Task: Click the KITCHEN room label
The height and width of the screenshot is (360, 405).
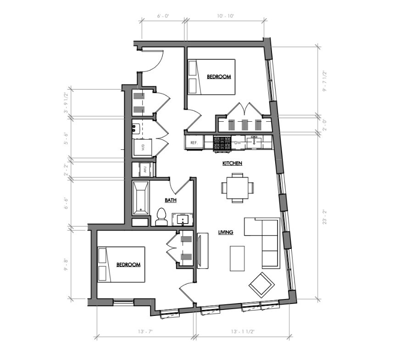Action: tap(232, 163)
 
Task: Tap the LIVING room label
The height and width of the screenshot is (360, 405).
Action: tap(226, 232)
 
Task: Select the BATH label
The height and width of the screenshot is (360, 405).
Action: tap(171, 200)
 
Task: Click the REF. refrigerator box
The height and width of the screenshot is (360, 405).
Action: tap(194, 143)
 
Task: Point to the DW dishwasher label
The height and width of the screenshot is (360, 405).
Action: tap(238, 143)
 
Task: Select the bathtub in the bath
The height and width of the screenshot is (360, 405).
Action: tap(141, 198)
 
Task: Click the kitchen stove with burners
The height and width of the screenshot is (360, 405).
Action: tap(223, 143)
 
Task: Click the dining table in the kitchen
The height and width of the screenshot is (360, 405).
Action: tap(237, 188)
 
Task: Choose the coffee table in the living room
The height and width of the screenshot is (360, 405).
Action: tap(237, 258)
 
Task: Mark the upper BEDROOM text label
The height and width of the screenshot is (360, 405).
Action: tap(218, 77)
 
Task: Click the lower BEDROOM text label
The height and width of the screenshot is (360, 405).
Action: tap(128, 265)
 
